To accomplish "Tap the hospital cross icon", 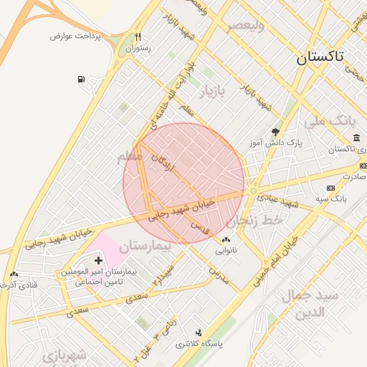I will pos(98,259).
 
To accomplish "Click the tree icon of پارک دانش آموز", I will pos(275,131).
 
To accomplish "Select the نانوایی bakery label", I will pos(226,252).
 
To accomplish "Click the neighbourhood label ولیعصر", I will pos(246,27).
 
